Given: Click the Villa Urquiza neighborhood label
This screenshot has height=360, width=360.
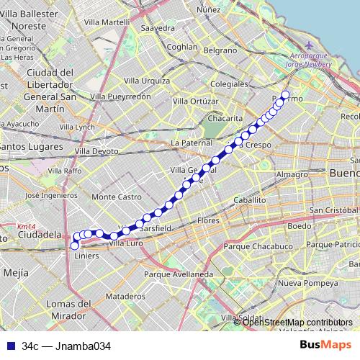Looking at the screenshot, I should pos(146,80).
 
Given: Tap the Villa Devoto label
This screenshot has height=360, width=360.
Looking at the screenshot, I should pos(96,151).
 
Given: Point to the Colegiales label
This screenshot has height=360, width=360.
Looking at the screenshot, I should pos(231,84).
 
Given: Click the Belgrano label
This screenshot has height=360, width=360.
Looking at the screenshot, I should pos(220,50).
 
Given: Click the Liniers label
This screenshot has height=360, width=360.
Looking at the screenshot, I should pos(86,255).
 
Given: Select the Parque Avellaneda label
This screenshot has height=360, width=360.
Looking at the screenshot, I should pos(179,274).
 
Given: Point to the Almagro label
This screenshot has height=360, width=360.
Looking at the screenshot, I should pos(292,174).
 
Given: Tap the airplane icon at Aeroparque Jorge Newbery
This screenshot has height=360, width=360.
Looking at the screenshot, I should pos(309,45).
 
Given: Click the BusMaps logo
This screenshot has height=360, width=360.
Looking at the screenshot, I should pos(325,345).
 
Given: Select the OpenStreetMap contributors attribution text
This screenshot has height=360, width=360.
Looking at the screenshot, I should pos(297,322).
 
